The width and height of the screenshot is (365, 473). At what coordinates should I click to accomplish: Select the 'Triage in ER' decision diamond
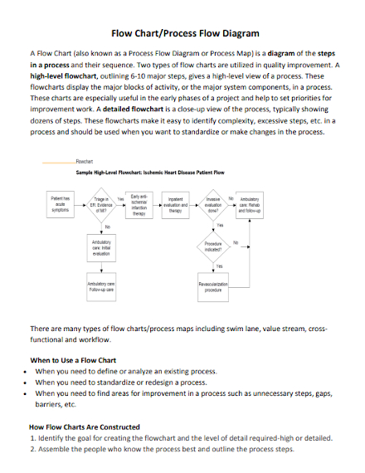pos(101,205)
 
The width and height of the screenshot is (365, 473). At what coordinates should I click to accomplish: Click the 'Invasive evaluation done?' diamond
pos(213,205)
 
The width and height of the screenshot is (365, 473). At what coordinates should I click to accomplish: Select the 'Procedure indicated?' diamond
pos(213,246)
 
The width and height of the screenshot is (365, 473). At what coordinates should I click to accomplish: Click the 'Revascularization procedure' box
pos(213,287)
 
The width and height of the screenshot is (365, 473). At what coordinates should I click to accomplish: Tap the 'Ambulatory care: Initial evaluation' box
pos(101,246)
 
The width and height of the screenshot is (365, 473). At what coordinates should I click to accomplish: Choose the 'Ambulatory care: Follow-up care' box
pos(101,287)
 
